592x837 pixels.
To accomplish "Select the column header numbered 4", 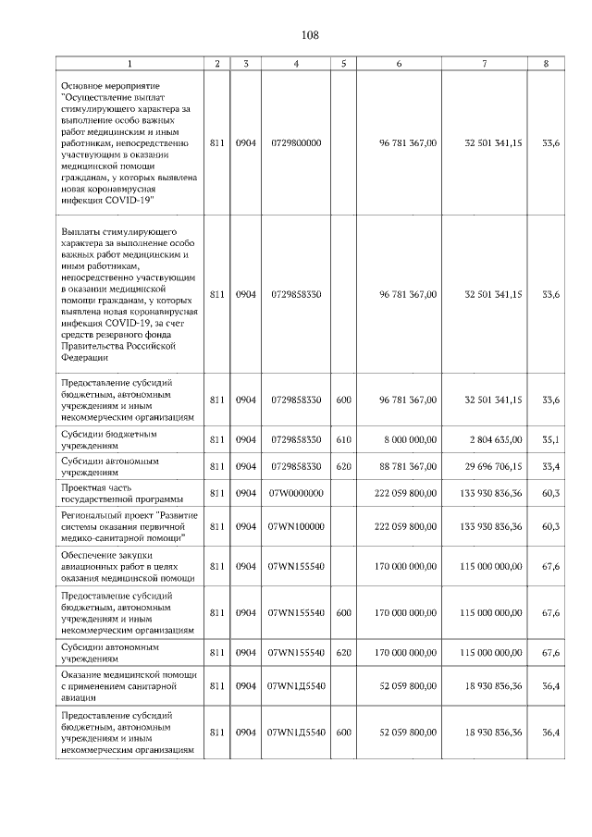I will pos(295,63).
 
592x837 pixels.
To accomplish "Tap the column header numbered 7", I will pos(484,63).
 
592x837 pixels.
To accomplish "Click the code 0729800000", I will pos(295,143).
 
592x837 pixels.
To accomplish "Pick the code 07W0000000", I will pos(295,493).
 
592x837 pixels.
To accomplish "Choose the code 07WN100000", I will pos(295,526).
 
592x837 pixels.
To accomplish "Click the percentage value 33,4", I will pos(550,466).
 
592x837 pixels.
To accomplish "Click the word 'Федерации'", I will pos(85,356).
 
